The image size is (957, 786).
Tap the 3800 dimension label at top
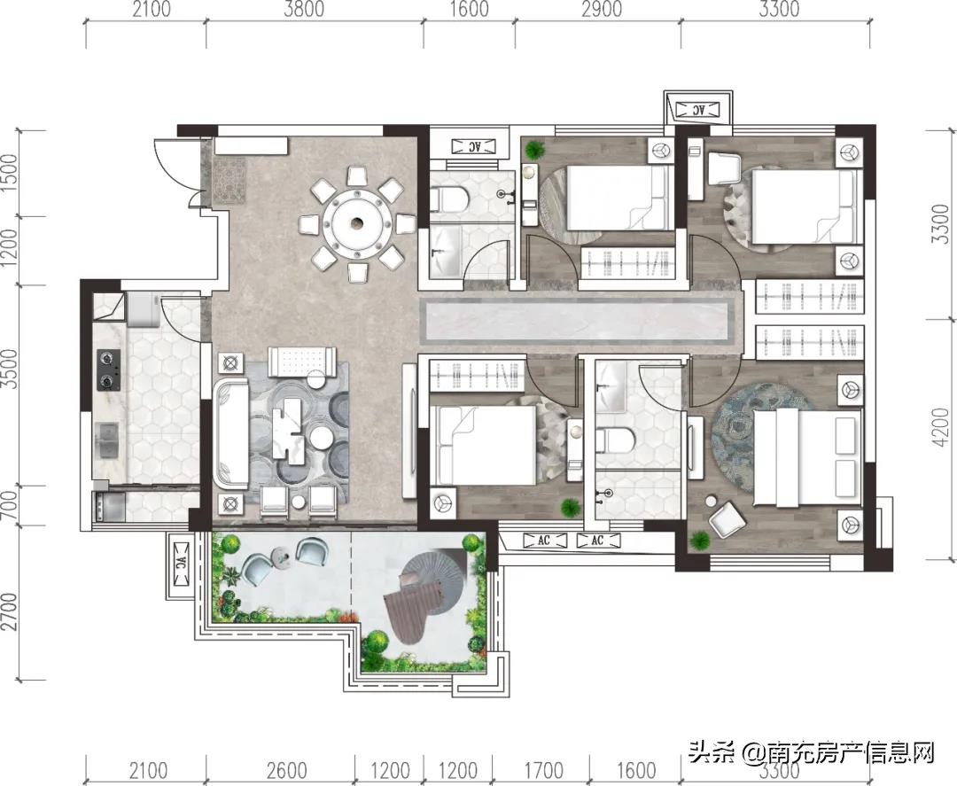point(305,10)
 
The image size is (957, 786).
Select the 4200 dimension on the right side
point(942,438)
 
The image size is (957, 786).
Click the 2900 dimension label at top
point(601,10)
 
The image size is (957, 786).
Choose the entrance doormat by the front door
point(232,180)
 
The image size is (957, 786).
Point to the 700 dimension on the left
point(10,506)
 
